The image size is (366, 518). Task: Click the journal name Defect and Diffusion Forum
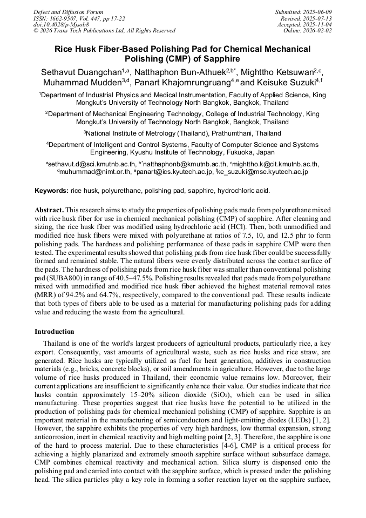click(x=68, y=12)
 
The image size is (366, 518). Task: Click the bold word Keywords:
click(x=51, y=191)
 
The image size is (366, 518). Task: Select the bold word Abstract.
click(x=49, y=209)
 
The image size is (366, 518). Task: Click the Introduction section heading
click(x=55, y=331)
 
